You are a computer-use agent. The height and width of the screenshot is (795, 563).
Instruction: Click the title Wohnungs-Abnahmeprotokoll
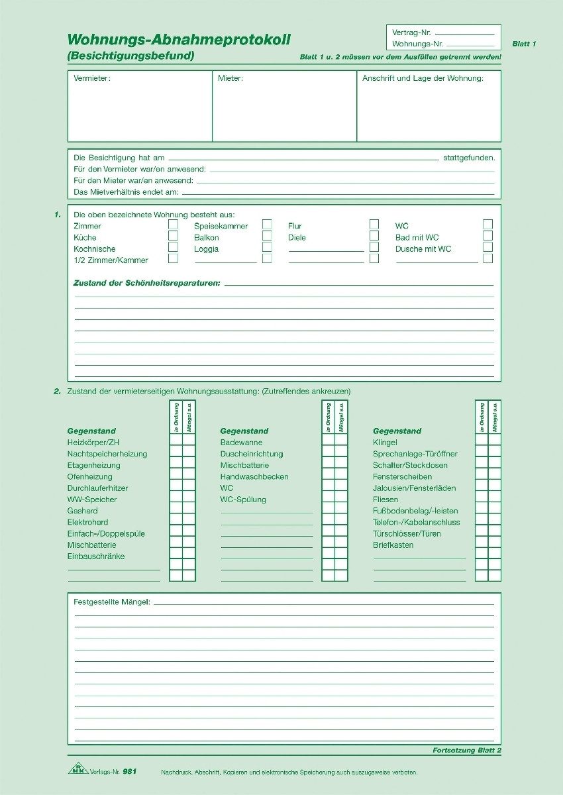[x=179, y=40]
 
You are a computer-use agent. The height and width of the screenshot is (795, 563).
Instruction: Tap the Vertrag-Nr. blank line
[x=465, y=33]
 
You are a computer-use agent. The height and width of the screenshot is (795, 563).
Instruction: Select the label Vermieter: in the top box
[x=92, y=78]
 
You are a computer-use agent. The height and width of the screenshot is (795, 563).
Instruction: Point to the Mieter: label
[x=230, y=78]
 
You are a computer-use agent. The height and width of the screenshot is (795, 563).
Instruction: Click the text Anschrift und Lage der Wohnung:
[x=423, y=78]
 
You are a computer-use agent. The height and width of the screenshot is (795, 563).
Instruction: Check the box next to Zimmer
[x=173, y=224]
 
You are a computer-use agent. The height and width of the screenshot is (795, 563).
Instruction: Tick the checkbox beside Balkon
[x=267, y=235]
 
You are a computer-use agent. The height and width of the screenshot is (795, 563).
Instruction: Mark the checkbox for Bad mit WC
[x=487, y=235]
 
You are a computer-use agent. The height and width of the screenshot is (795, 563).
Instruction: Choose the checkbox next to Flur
[x=374, y=224]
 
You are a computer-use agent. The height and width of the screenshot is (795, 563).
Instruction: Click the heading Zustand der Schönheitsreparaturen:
[x=146, y=283]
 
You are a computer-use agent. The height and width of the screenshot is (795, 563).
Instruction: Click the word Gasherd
[x=82, y=511]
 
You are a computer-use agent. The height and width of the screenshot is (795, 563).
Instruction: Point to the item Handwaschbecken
[x=254, y=476]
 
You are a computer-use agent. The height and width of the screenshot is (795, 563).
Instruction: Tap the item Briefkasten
[x=393, y=545]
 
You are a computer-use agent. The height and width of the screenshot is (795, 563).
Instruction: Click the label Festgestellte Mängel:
[x=112, y=602]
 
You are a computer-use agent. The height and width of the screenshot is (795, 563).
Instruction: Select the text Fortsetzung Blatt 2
[x=466, y=750]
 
